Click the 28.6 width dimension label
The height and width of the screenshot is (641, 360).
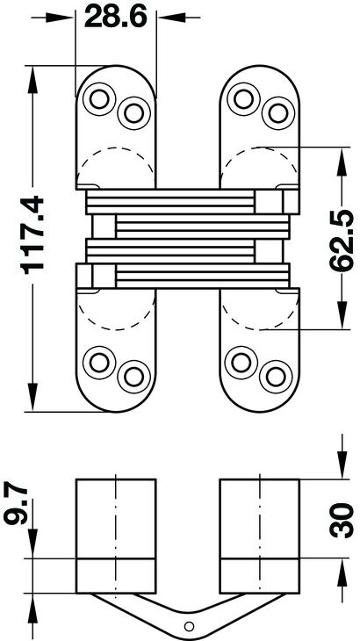pyautogui.click(x=116, y=18)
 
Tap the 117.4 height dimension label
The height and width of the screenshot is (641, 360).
pyautogui.click(x=32, y=234)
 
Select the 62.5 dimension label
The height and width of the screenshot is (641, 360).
pyautogui.click(x=342, y=240)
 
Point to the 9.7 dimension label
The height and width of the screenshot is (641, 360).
pyautogui.click(x=16, y=505)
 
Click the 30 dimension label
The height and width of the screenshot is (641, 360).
pyautogui.click(x=342, y=520)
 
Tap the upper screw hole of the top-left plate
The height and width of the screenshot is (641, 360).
pyautogui.click(x=99, y=99)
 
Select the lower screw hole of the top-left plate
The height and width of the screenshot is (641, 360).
pyautogui.click(x=133, y=113)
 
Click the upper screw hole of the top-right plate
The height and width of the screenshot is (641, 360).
pyautogui.click(x=243, y=99)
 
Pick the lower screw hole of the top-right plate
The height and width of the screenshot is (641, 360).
pyautogui.click(x=277, y=113)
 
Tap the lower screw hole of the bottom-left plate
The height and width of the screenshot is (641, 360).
pyautogui.click(x=133, y=377)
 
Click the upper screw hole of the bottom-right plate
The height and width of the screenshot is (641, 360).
pyautogui.click(x=241, y=362)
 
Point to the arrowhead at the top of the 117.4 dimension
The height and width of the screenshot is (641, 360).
pyautogui.click(x=32, y=79)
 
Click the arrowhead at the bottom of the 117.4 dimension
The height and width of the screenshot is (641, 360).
pyautogui.click(x=32, y=397)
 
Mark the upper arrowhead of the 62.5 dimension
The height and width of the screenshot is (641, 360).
pyautogui.click(x=342, y=161)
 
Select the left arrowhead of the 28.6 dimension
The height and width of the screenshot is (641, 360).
pyautogui.click(x=60, y=18)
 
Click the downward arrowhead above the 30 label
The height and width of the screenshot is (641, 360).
pyautogui.click(x=342, y=465)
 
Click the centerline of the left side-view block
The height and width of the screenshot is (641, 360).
pyautogui.click(x=116, y=536)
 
